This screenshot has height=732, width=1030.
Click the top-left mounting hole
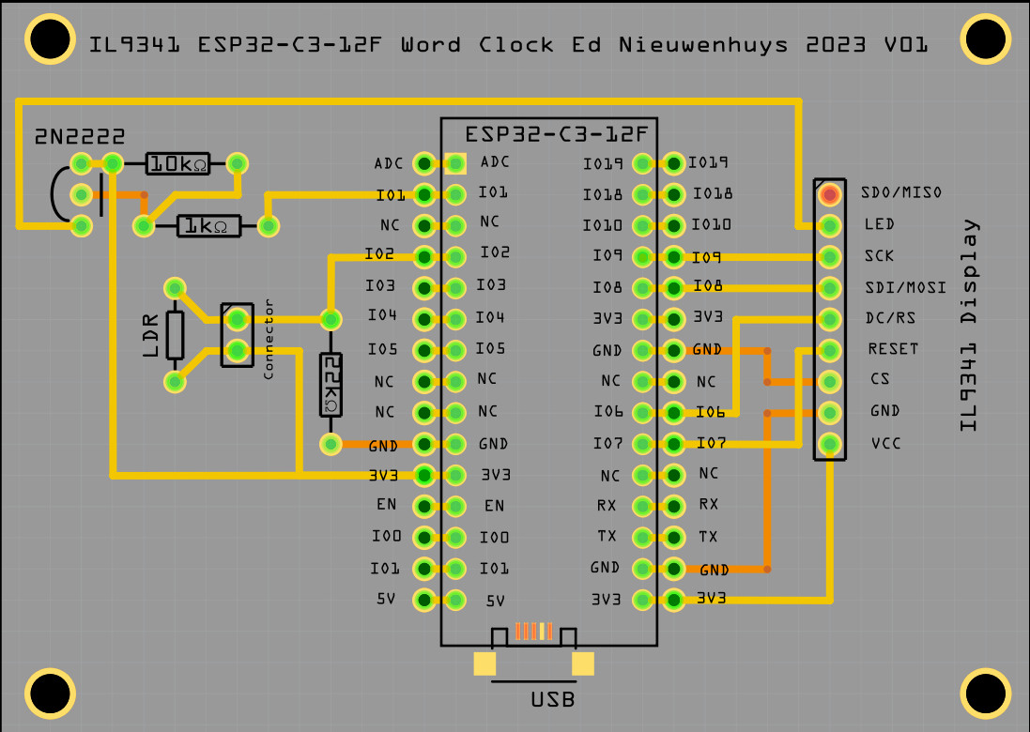point(50,39)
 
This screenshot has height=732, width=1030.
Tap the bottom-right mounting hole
point(986,694)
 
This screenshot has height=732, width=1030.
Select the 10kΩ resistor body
point(176,164)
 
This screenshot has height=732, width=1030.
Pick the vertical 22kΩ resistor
point(331,385)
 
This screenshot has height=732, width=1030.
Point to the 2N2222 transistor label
point(80,137)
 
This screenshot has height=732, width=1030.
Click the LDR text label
point(151,335)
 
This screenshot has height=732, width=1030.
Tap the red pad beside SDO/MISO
point(829,194)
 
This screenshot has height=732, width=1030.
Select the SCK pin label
point(879,255)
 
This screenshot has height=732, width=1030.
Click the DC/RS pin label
point(890,318)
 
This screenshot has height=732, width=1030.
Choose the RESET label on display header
point(893,349)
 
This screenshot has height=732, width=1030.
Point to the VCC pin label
point(885,443)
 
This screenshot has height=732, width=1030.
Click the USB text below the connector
point(552,700)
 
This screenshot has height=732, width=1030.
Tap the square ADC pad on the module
point(456,164)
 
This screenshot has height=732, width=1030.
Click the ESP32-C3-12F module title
point(548,133)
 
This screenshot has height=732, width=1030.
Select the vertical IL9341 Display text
point(969,325)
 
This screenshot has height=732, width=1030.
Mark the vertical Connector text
point(269,339)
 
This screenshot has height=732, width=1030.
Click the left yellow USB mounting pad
point(484,663)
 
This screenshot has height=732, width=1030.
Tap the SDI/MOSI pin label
point(902,287)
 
